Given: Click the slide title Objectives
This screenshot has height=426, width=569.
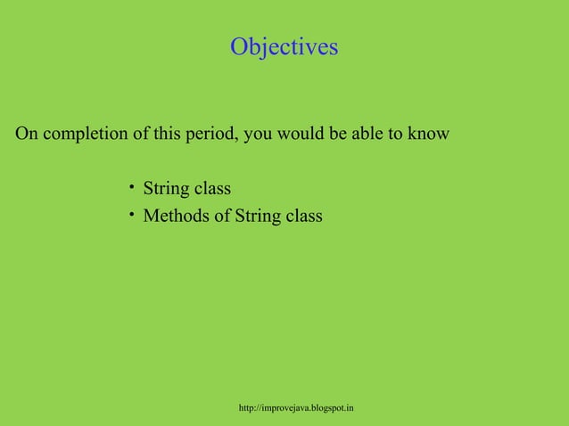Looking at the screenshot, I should coord(284,46).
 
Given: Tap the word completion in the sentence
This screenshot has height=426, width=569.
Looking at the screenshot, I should coord(84,135).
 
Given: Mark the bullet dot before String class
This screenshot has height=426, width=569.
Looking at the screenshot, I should coord(130,187).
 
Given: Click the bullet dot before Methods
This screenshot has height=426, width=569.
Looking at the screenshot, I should coord(130,214).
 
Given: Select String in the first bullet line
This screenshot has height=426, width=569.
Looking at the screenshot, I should coord(169,190).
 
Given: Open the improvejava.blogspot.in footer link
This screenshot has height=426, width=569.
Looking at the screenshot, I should coord(297,408).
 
